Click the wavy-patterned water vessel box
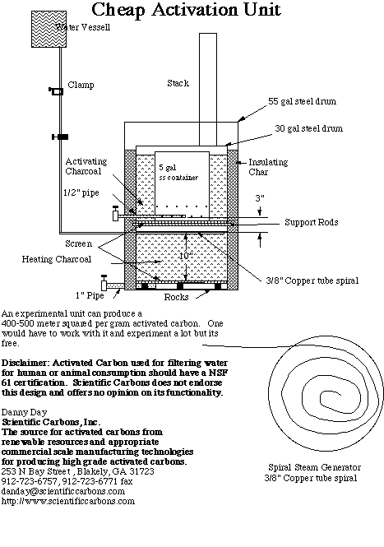49,29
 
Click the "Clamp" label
81,85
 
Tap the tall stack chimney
208,90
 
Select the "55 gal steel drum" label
302,101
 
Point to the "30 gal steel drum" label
308,128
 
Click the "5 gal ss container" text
178,173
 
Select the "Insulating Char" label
268,167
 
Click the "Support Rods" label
312,222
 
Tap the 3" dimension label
260,198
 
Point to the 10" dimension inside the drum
186,256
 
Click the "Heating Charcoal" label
57,259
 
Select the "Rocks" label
176,297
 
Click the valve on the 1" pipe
104,283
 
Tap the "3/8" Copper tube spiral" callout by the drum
312,280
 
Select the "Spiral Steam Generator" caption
314,467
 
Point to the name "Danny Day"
24,413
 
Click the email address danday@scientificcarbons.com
63,492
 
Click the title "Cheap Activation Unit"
186,10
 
